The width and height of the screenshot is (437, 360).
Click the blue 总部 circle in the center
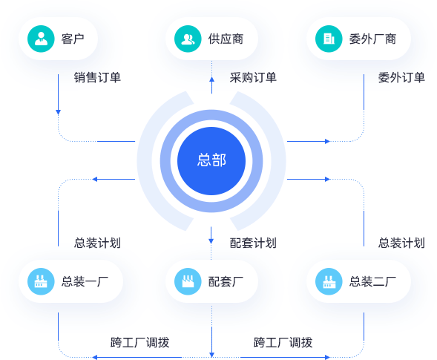[211, 161]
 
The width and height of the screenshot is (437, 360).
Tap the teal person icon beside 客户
[41, 39]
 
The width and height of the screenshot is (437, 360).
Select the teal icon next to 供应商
[188, 39]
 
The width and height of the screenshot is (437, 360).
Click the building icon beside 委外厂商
[329, 39]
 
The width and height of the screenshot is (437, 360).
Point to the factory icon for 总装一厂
[41, 281]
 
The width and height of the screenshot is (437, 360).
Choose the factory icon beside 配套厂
[188, 281]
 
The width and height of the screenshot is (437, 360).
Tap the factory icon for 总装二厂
[329, 281]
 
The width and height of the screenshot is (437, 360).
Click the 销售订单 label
[97, 77]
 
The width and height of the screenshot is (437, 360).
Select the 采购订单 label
[253, 77]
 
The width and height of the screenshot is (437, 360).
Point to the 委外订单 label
[401, 77]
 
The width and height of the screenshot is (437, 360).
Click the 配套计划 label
[253, 243]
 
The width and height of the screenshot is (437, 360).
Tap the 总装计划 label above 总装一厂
[97, 243]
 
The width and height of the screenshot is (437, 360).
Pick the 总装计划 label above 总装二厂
[401, 243]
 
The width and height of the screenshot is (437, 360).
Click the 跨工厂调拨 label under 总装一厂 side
[140, 342]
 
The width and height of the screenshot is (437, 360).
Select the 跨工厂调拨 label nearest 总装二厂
[283, 342]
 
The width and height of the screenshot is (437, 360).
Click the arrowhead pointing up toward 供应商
[211, 79]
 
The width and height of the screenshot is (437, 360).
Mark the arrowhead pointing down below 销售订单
[59, 112]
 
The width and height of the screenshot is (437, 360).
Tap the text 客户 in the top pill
[73, 39]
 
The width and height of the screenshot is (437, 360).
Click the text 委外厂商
[372, 39]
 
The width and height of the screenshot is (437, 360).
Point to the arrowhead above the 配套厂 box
[211, 241]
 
